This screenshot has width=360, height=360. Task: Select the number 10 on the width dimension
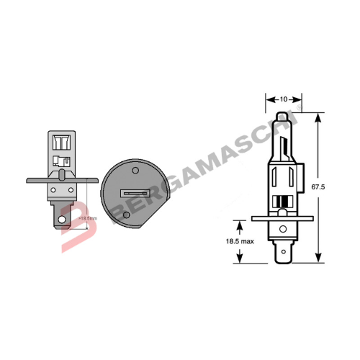point(283,97)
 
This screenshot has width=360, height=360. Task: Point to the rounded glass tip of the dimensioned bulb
point(282,117)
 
